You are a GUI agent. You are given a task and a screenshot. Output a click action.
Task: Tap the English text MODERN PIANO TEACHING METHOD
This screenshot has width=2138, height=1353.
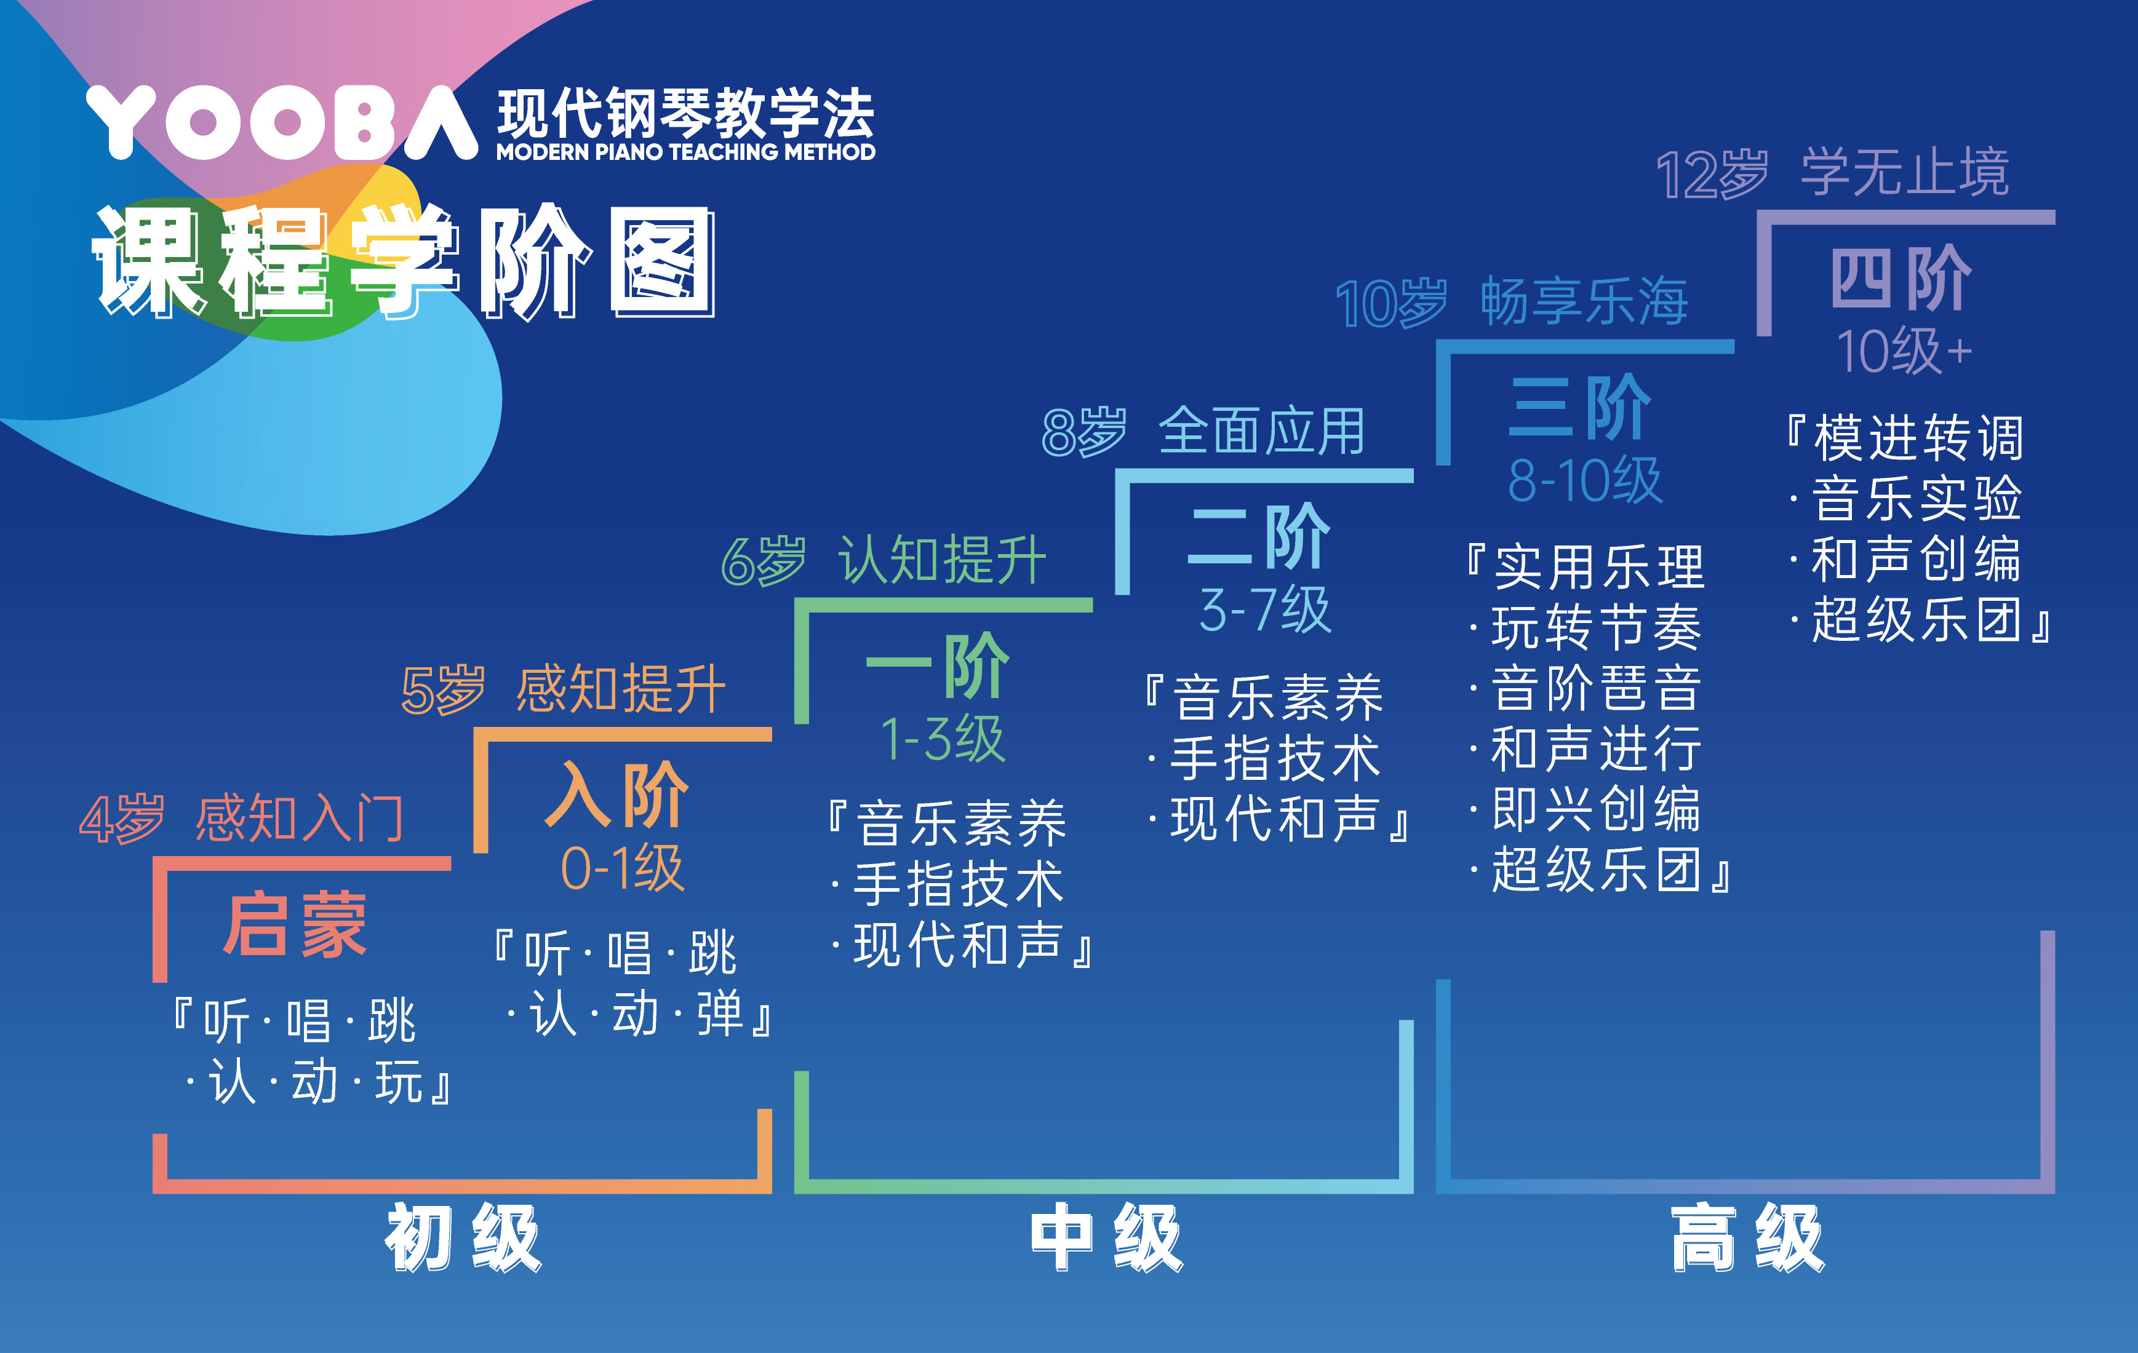coord(685,152)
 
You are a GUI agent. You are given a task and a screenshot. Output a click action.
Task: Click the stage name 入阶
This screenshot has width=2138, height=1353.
coord(617,795)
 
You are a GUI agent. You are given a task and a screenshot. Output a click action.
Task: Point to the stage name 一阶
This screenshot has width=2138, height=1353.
coord(938,666)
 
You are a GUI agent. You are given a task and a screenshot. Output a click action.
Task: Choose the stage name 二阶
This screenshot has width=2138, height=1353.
coord(1259,536)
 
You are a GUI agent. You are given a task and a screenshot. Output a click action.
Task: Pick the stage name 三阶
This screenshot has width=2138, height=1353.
coord(1581,408)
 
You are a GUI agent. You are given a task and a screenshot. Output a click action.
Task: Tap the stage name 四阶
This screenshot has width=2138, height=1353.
coord(1902,278)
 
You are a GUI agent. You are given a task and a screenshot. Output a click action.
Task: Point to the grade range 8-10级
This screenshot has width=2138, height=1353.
coord(1586,480)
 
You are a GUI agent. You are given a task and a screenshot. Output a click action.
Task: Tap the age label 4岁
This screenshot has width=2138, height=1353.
coord(122,819)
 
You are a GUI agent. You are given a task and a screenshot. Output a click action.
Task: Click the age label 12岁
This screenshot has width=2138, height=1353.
coord(1712,174)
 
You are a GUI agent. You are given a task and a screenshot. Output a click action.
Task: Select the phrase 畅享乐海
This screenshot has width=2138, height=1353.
coord(1584,302)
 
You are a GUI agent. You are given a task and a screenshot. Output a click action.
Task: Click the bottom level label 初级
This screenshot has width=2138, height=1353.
coord(463,1237)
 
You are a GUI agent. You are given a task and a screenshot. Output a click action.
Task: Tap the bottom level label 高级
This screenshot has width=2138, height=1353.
coord(1747,1237)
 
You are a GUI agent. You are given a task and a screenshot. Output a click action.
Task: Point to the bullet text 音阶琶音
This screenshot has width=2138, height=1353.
coord(1595,688)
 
